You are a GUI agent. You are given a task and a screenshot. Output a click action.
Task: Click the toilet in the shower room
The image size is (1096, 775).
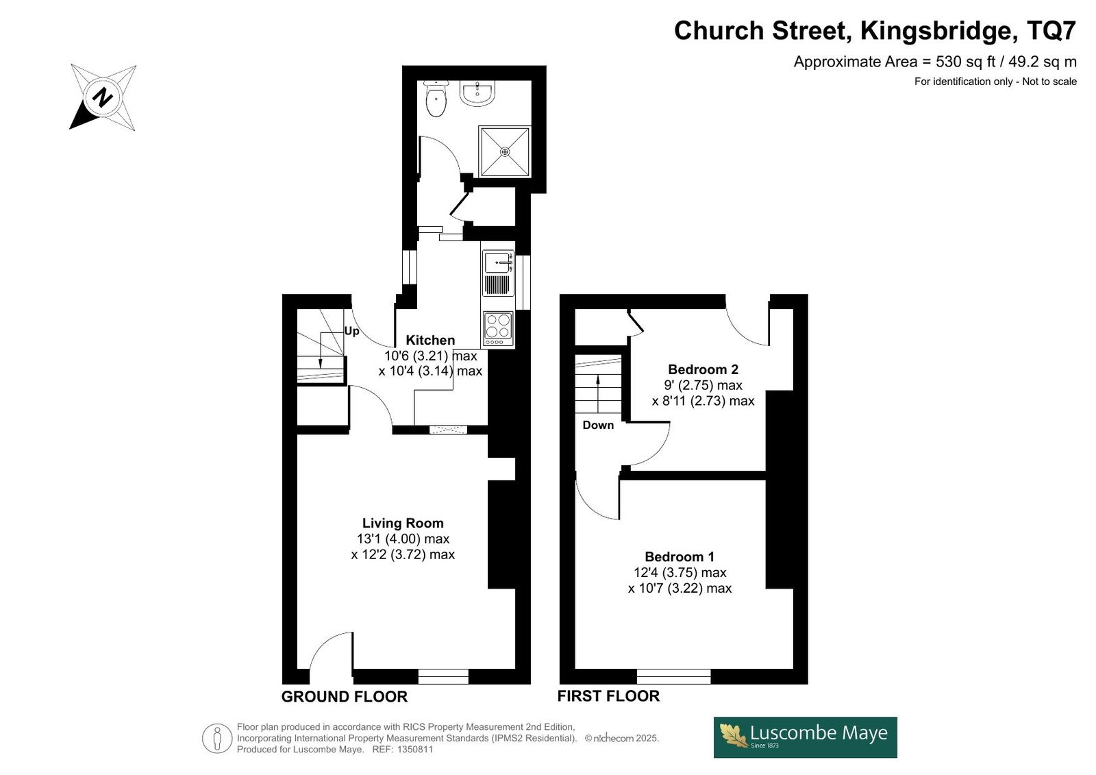click(x=436, y=99)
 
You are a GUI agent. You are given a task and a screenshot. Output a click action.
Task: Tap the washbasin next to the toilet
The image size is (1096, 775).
click(x=477, y=93)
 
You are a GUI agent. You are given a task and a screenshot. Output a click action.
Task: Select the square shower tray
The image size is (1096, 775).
click(x=504, y=151)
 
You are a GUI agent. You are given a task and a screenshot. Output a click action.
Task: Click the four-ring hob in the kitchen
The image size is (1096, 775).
click(x=498, y=328)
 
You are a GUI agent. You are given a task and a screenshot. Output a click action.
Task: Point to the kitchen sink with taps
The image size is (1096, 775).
click(x=498, y=273)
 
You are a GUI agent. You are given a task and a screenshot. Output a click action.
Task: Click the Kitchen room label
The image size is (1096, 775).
click(x=430, y=340)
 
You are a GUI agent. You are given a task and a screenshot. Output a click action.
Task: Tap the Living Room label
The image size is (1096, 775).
click(x=403, y=523)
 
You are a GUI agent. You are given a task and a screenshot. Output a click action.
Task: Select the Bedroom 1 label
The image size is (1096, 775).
click(x=679, y=556)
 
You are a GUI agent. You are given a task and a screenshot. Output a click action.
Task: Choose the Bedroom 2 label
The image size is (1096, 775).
click(x=703, y=369)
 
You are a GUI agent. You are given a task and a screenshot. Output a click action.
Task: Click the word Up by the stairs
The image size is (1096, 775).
click(x=351, y=332)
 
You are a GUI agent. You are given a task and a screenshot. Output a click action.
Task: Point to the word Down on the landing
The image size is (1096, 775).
click(x=598, y=425)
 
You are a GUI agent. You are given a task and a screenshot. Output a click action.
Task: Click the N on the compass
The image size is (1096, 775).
click(x=103, y=97)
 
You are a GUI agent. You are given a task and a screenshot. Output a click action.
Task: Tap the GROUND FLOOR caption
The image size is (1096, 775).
click(x=344, y=697)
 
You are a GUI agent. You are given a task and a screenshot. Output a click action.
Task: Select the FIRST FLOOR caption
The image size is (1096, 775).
click(x=608, y=696)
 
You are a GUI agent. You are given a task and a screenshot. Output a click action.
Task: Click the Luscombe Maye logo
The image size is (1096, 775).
click(x=805, y=737)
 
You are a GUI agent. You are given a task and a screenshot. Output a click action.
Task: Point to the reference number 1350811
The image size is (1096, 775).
click(x=415, y=750)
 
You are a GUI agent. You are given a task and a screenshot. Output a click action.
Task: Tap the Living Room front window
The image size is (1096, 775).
click(x=443, y=676)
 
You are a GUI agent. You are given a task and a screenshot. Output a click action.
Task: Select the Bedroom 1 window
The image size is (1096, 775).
click(x=673, y=676)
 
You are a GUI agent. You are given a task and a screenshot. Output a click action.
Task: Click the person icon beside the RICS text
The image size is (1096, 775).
click(x=216, y=738)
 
